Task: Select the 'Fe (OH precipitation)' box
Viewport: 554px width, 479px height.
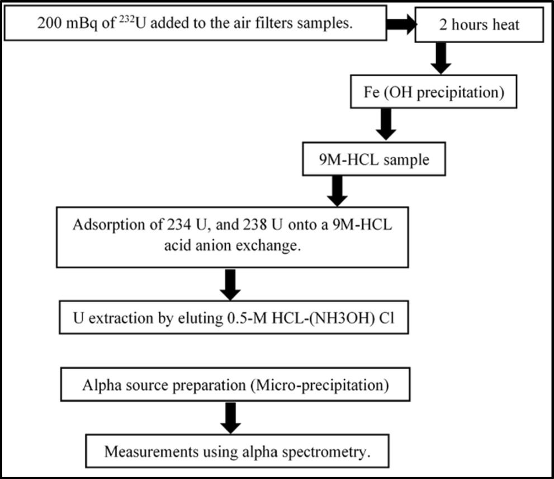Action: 433,92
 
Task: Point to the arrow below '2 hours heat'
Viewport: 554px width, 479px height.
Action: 442,58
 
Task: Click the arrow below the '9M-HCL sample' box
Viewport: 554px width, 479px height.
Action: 338,191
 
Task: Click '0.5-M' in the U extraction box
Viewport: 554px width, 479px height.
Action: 245,318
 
